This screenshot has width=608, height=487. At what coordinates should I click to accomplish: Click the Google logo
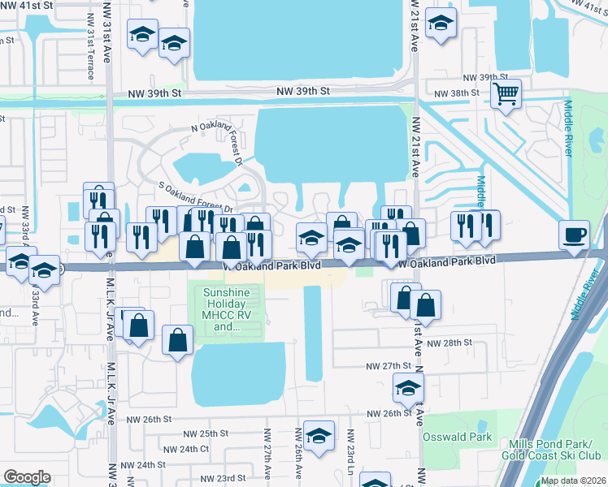click(27, 477)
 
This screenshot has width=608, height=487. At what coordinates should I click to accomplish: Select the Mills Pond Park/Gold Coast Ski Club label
click(554, 449)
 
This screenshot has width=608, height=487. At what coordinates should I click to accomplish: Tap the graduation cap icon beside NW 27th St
click(408, 387)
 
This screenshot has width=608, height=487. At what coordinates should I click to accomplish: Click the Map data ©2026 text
click(572, 481)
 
